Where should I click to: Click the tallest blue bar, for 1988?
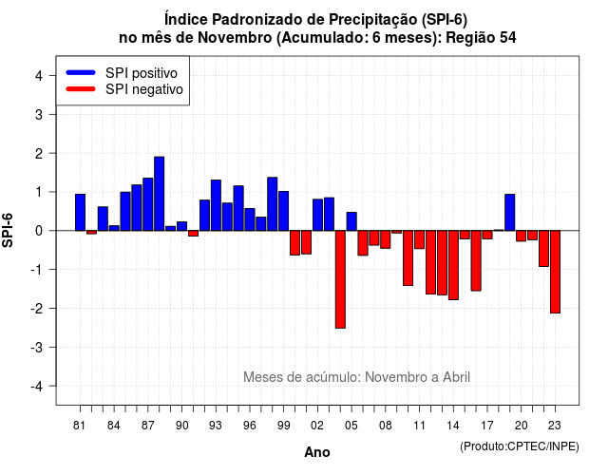[x=159, y=194]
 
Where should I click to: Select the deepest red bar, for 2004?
[x=340, y=279]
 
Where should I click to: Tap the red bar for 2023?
[x=555, y=272]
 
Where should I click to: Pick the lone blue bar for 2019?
[x=510, y=212]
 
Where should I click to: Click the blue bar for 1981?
[x=80, y=212]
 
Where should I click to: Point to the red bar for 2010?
[x=408, y=257]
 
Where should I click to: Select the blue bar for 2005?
[x=351, y=221]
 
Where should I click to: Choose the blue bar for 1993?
[x=216, y=205]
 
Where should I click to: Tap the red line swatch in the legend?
[x=81, y=88]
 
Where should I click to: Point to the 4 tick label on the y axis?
[x=39, y=75]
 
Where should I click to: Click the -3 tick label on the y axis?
[x=37, y=347]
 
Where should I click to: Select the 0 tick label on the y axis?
[x=39, y=231]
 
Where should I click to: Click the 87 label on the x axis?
[x=148, y=426]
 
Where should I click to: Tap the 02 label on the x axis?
[x=317, y=426]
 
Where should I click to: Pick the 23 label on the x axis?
[x=555, y=426]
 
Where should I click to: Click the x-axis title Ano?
[x=317, y=452]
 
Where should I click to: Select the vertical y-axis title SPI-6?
[x=8, y=230]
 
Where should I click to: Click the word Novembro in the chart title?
[x=235, y=38]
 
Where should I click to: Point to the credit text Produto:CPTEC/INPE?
[x=520, y=446]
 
